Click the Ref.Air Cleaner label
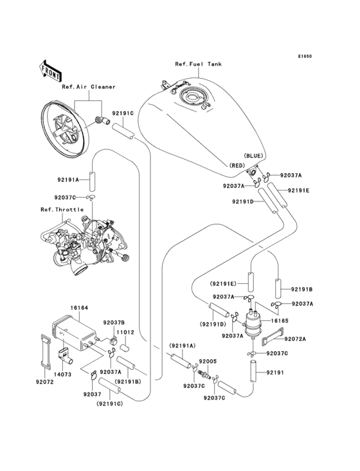pos(88,86)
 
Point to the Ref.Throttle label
pos(59,210)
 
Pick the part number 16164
pos(79,308)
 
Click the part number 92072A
pos(295,338)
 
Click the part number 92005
pos(207,362)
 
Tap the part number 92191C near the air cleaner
pos(122,114)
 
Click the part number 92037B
pos(113,321)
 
